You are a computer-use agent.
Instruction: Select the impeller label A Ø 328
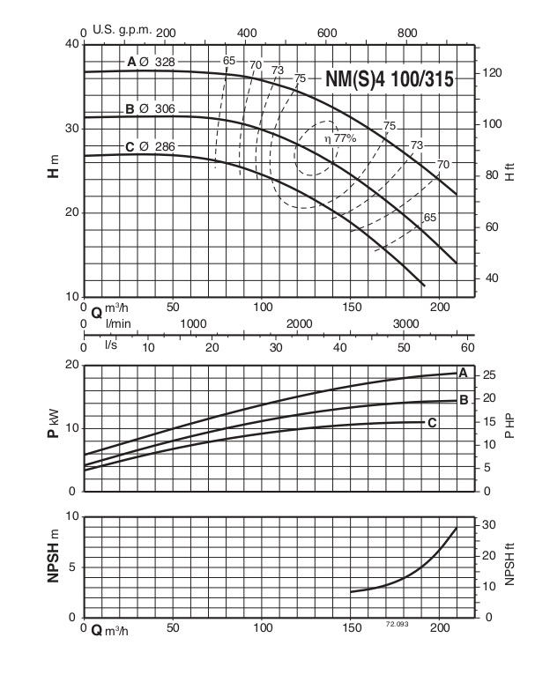pyautogui.click(x=151, y=62)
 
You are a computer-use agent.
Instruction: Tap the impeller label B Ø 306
pyautogui.click(x=151, y=109)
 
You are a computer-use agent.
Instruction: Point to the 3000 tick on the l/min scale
pyautogui.click(x=406, y=324)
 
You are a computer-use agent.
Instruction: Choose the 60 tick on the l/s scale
pyautogui.click(x=468, y=346)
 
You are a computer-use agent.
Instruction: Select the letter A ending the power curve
pyautogui.click(x=462, y=371)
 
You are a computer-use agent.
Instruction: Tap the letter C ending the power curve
pyautogui.click(x=432, y=423)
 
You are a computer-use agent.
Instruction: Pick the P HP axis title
pyautogui.click(x=509, y=427)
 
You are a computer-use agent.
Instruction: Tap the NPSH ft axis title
pyautogui.click(x=509, y=567)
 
